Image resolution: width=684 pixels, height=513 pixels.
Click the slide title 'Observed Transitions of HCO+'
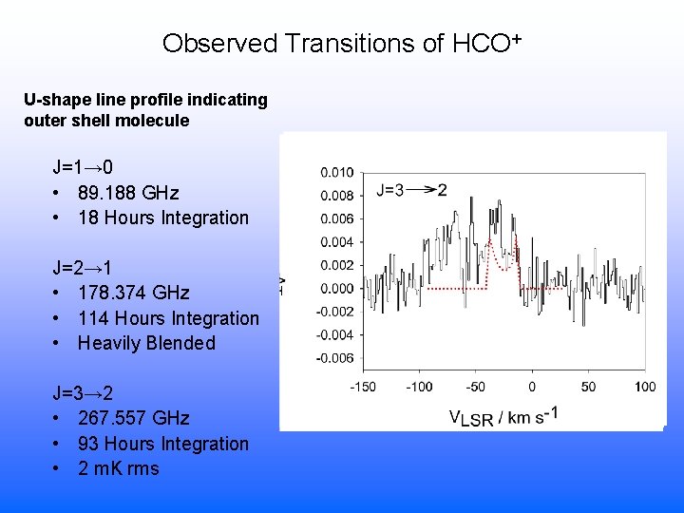point(342,44)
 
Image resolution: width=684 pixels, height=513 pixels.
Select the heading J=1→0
point(83,168)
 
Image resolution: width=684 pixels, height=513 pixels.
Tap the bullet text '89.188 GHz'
point(128,193)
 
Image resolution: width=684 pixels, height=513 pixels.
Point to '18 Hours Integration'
point(162,218)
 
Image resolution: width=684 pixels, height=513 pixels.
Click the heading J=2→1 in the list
point(83,268)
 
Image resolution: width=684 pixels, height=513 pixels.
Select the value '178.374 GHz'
point(133,293)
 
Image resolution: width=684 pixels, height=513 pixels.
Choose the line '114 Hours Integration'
point(168,318)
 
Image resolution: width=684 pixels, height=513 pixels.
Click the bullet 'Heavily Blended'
point(146,343)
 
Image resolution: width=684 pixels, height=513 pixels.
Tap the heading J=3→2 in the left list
point(83,393)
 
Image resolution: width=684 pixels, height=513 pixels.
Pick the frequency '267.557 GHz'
point(133,418)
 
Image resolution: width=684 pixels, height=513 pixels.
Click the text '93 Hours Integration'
point(162,444)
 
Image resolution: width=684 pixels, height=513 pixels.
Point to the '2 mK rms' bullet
point(118,468)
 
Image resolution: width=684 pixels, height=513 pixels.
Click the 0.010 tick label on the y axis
point(336,173)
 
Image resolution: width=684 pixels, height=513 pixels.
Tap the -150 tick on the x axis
point(364,386)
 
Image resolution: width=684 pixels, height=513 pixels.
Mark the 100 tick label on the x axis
point(644,386)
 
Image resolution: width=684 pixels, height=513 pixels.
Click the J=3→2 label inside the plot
point(411,190)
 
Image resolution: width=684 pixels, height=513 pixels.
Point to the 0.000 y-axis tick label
point(336,289)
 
